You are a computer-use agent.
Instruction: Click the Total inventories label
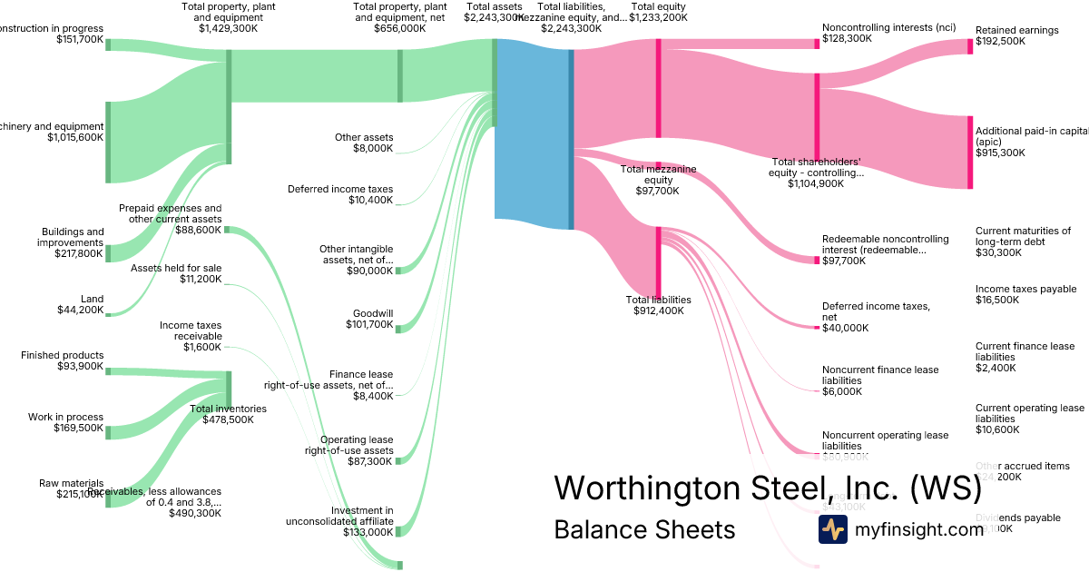tap(228, 414)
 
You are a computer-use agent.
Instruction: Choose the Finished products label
tap(63, 361)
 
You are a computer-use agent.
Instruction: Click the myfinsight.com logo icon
tap(832, 528)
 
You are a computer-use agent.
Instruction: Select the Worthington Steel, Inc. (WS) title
tap(768, 488)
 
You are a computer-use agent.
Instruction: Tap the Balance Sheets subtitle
tap(644, 529)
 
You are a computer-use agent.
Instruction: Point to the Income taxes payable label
tap(1025, 294)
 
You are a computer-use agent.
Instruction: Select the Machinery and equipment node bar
tap(107, 142)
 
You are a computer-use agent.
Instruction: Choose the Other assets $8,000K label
tap(364, 143)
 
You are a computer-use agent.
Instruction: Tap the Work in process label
tap(65, 423)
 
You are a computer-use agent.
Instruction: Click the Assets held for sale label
tap(176, 273)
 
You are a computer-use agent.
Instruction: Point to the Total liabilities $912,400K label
tap(659, 305)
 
